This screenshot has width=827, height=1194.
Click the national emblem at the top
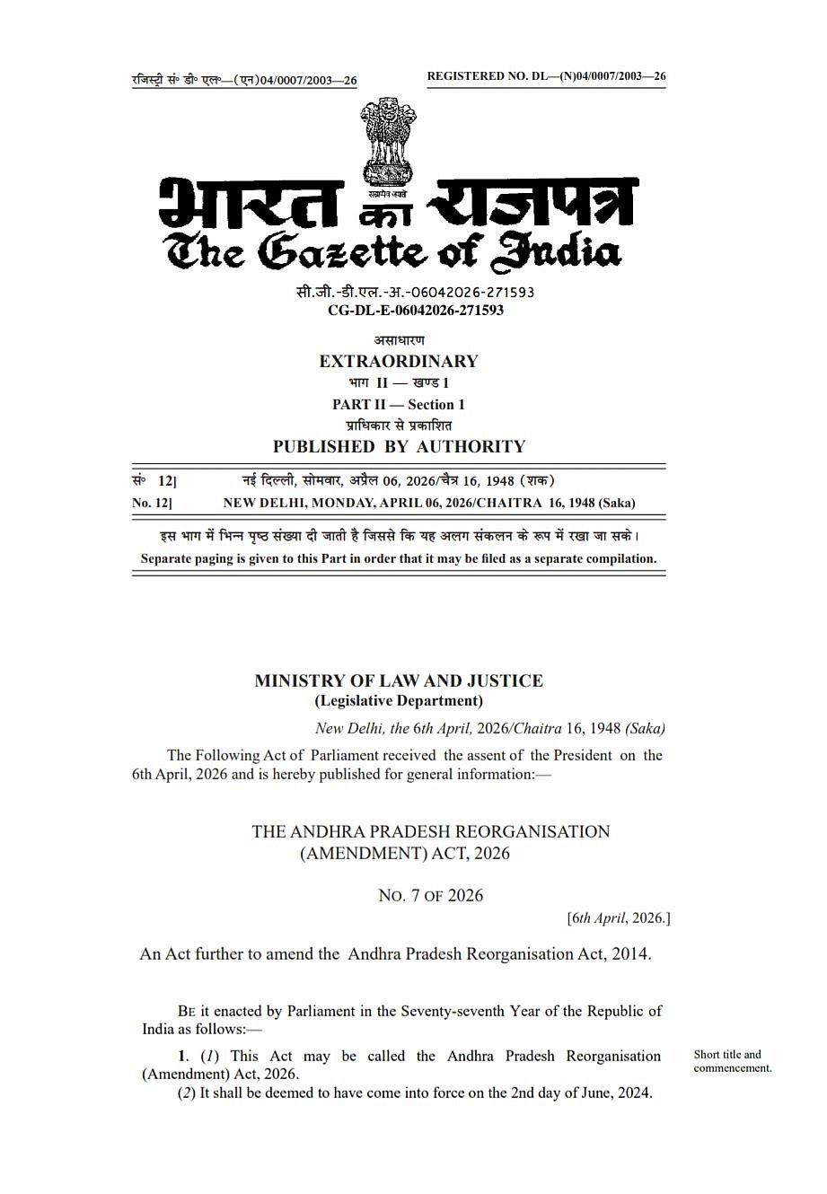coord(389,144)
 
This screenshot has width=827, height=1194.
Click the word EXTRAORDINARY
coord(399,362)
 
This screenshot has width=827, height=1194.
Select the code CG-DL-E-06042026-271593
coord(416,311)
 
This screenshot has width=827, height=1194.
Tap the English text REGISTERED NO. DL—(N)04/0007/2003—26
coord(546,76)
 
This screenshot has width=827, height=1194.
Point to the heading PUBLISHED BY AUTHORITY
coord(399,447)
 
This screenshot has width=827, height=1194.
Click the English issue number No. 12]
coord(153,504)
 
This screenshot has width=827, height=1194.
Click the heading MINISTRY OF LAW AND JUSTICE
coord(399,680)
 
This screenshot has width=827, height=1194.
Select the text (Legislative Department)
coord(399,701)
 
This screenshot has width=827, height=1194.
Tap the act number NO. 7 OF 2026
coord(431,895)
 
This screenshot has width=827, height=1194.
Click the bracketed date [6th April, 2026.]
coord(619,918)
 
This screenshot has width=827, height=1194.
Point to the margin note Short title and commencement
coord(732,1061)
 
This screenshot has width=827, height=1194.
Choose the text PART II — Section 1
coord(399,405)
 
